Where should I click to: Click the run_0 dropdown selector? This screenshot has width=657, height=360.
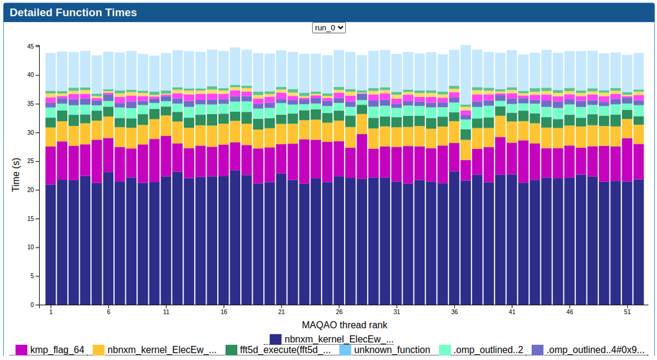tap(329, 28)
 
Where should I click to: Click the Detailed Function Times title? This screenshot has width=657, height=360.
tap(73, 13)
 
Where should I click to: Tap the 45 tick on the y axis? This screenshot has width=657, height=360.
tap(30, 47)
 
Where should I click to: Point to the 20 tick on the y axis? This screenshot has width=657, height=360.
tap(30, 190)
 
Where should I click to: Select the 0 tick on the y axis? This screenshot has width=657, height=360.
tap(32, 305)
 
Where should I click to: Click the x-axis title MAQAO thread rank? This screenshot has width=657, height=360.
tap(344, 325)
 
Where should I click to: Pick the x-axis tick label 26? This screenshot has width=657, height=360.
tap(339, 312)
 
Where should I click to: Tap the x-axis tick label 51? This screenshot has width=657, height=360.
tap(627, 312)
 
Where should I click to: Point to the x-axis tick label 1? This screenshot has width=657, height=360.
tap(51, 312)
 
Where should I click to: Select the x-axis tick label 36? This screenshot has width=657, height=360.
tap(454, 312)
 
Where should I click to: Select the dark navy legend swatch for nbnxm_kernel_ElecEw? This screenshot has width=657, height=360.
tap(276, 340)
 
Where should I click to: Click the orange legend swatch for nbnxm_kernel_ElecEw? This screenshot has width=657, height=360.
tap(99, 350)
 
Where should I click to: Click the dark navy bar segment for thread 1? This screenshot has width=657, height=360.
tap(51, 246)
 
